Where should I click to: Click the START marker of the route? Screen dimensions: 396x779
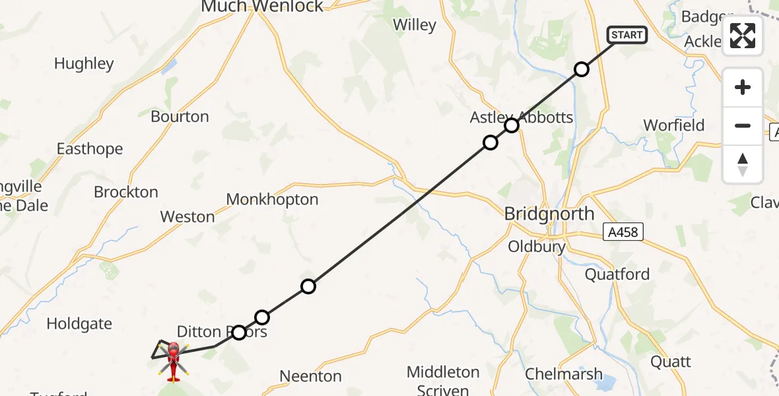point(627,35)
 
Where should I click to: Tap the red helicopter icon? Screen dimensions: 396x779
point(173,360)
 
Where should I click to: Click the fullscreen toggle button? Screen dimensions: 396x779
point(743,36)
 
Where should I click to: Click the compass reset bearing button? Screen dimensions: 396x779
point(743,164)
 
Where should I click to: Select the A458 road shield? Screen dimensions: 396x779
point(623,231)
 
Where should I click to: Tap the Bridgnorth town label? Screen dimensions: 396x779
point(549,214)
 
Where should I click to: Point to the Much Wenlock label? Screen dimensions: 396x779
point(262,7)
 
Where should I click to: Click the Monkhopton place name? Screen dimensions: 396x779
point(272,199)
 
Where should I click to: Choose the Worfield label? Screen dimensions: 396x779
point(674,125)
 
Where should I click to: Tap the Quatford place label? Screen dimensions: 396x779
point(617,274)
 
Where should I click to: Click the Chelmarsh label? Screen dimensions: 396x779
point(564,374)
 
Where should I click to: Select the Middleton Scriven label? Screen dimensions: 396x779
point(443,379)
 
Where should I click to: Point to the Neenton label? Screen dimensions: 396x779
point(310,376)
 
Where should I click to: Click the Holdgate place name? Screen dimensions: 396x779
point(79,324)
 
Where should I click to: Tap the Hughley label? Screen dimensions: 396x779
point(84,64)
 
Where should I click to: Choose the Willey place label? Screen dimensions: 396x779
point(415,25)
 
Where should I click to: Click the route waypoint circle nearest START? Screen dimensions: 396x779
point(581,69)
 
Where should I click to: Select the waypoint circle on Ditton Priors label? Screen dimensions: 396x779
point(239,333)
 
